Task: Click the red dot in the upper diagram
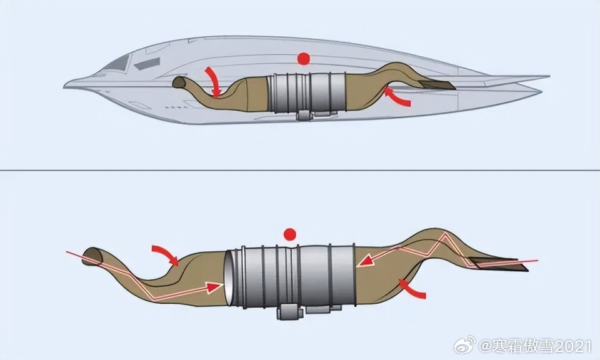[304, 59]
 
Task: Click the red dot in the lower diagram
[289, 234]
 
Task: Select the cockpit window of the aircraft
[117, 62]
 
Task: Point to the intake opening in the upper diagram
[179, 82]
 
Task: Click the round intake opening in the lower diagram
[92, 256]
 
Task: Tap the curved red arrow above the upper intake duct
[213, 81]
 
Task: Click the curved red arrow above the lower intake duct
[166, 254]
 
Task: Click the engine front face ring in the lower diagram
[229, 278]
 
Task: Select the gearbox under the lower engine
[289, 311]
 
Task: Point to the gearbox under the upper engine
[304, 114]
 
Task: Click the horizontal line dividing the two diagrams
[300, 170]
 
